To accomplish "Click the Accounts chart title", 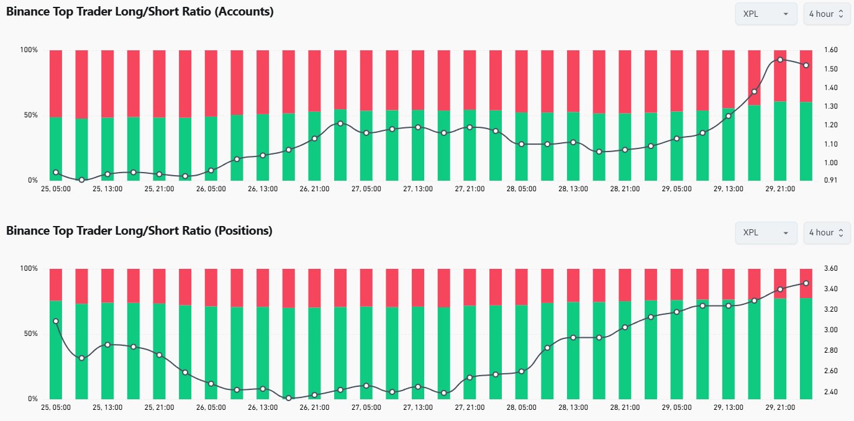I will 140,11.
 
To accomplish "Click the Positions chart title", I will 139,231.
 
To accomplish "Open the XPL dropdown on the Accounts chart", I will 766,14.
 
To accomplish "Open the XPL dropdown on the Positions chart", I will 766,233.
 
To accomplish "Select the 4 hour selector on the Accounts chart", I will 826,14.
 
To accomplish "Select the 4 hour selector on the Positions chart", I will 826,233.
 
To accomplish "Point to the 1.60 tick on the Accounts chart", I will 830,50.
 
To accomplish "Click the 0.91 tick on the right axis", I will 830,181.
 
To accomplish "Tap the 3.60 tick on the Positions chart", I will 830,269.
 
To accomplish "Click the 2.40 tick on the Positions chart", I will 830,392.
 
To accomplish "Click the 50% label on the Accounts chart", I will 30,115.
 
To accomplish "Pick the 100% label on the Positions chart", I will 30,269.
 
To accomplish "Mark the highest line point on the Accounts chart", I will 780,60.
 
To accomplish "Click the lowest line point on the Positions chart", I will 289,397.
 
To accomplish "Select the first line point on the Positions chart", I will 56,321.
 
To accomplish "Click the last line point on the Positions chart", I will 806,283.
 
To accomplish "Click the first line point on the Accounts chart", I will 56,172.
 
